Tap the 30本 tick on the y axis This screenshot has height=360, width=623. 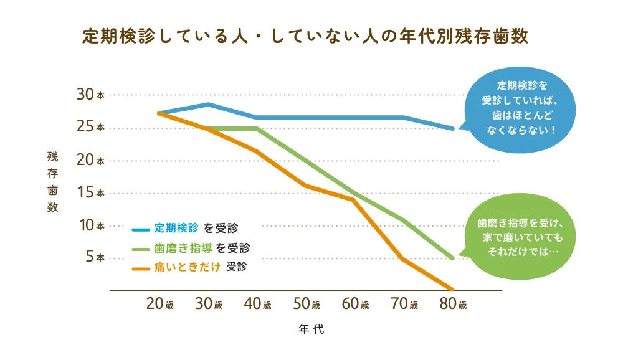tap(90, 95)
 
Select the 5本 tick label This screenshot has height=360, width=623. tap(95, 257)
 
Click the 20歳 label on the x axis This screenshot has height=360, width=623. tap(159, 305)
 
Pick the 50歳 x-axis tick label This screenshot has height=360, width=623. tap(307, 305)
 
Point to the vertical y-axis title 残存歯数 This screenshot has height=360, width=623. tap(52, 181)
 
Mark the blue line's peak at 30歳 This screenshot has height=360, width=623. tap(209, 104)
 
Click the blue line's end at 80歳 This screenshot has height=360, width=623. tap(453, 128)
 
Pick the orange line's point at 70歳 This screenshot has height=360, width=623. tap(404, 260)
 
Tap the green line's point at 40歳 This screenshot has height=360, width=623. tap(257, 128)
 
